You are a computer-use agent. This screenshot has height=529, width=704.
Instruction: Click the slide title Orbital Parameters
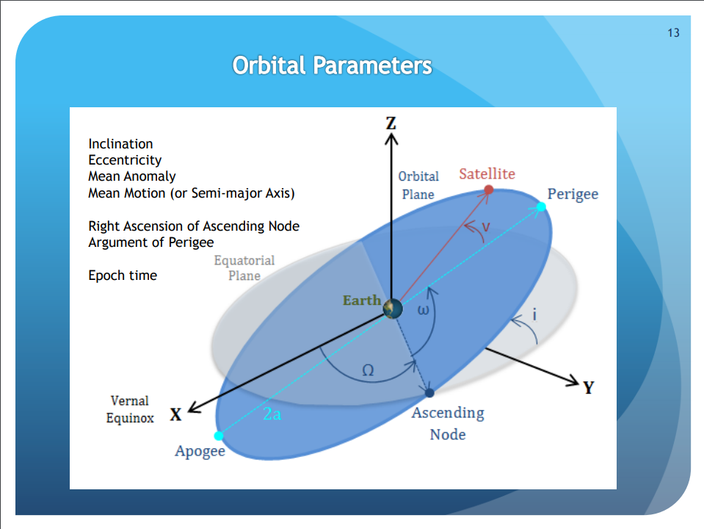point(333,65)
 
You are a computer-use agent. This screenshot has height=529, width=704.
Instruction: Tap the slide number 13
point(673,33)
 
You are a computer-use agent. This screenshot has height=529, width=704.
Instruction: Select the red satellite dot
point(489,190)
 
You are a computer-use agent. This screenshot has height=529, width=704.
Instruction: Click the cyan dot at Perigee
point(542,206)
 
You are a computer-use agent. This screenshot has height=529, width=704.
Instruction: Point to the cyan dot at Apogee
point(219,436)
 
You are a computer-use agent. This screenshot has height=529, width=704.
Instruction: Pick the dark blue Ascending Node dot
point(429,393)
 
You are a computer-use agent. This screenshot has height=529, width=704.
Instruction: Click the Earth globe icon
point(393,309)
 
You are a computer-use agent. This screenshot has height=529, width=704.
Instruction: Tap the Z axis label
point(391,123)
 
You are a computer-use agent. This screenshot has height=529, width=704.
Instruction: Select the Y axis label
point(589,387)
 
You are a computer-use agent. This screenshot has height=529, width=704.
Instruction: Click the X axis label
point(175,414)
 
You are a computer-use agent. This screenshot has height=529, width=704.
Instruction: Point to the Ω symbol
point(368,370)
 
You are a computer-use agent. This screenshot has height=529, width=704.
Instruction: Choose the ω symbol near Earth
point(424,309)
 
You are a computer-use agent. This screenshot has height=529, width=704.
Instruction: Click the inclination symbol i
point(534,314)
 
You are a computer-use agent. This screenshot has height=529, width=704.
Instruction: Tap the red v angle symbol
point(485,226)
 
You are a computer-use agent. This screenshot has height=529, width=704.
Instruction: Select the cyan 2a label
point(272,414)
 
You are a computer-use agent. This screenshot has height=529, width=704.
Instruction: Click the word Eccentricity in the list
point(125,160)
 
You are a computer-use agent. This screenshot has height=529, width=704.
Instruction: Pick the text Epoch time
point(123,275)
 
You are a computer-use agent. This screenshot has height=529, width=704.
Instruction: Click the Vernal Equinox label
point(130,409)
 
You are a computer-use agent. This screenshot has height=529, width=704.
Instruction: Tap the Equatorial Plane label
point(244,268)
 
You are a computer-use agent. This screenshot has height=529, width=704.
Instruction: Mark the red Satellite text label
point(487,174)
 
